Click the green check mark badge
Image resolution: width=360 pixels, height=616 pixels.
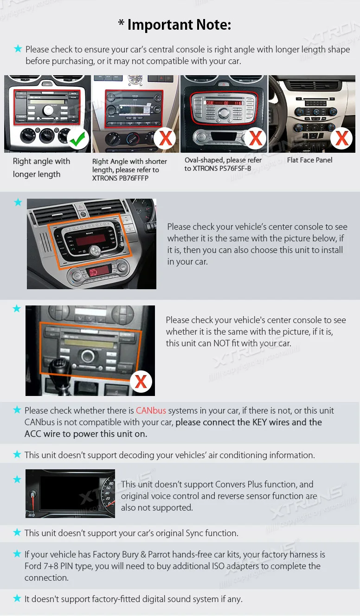(x=78, y=139)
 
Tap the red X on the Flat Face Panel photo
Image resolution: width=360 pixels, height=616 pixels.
(x=341, y=138)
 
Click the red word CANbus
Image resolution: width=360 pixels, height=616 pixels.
(x=151, y=410)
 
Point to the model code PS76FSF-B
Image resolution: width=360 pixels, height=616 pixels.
(x=235, y=169)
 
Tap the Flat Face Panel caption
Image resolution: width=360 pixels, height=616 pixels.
(x=310, y=160)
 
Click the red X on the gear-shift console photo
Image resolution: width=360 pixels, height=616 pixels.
(x=141, y=382)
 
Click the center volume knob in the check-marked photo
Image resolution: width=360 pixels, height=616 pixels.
(x=48, y=110)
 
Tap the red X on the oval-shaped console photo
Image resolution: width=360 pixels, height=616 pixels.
(x=255, y=138)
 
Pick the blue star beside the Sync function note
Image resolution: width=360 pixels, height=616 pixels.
(x=17, y=532)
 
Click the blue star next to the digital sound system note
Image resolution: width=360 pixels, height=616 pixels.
(x=17, y=598)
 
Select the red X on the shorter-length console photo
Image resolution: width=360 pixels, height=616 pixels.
(x=165, y=138)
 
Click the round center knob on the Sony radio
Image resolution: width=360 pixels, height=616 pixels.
(x=95, y=251)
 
